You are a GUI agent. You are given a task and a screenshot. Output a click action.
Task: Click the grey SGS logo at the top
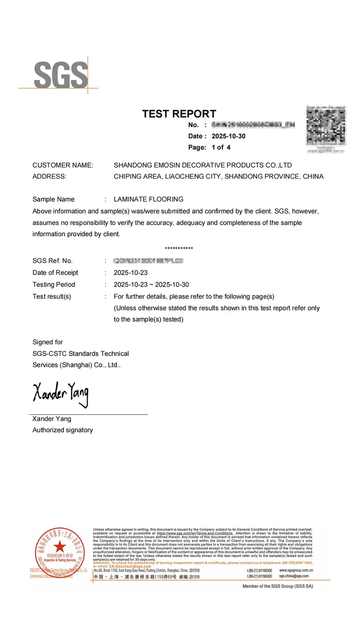tap(61, 75)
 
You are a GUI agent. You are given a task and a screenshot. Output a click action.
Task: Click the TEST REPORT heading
tap(179, 114)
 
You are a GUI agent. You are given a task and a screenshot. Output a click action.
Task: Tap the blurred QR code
tap(326, 126)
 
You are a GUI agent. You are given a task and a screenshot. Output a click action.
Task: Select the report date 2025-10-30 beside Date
tap(228, 136)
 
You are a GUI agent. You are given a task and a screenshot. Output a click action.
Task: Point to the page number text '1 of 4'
tap(221, 147)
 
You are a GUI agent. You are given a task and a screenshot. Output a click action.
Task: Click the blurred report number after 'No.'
tap(253, 125)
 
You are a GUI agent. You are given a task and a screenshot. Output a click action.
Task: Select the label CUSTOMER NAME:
tap(63, 165)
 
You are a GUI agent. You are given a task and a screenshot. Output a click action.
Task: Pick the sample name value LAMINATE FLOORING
tap(148, 199)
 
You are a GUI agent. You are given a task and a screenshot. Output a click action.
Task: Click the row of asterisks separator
tap(179, 248)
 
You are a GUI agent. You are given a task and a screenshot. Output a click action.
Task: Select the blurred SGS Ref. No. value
tap(148, 261)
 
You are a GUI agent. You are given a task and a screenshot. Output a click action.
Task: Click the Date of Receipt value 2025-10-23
tap(130, 273)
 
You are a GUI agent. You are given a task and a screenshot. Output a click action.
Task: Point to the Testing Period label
tap(54, 285)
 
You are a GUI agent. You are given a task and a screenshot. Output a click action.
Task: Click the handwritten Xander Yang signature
tap(61, 394)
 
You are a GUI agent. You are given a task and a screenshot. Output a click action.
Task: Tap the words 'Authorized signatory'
tap(63, 430)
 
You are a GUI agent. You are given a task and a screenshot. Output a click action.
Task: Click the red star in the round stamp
tap(60, 546)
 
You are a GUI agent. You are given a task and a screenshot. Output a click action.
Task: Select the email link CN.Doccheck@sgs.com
tap(130, 566)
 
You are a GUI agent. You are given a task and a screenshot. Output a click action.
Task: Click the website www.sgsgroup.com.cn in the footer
tap(296, 570)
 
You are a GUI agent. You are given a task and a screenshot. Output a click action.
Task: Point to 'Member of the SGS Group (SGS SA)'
tap(278, 586)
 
